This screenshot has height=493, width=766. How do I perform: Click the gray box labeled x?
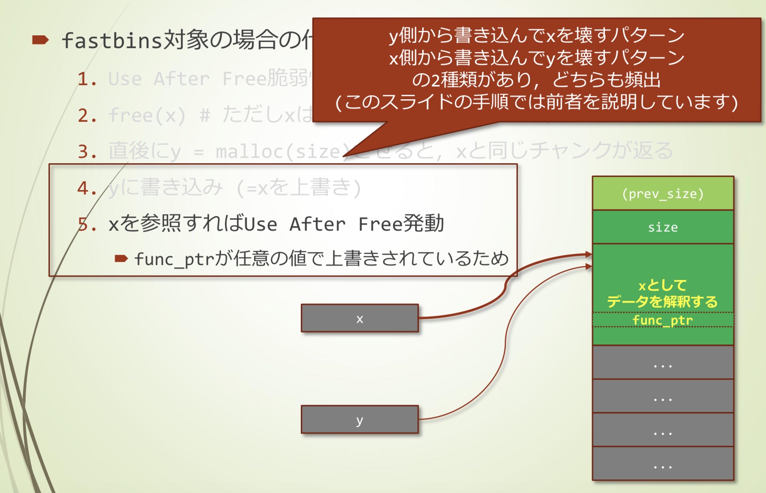tap(360, 318)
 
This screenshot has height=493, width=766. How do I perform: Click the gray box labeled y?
tap(360, 419)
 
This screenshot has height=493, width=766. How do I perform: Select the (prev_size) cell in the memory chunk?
tap(663, 194)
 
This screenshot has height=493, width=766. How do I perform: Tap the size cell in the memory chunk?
tap(663, 227)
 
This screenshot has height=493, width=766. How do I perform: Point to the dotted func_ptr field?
tap(663, 320)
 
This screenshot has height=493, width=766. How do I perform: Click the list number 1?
tap(87, 79)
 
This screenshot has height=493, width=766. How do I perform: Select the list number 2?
tap(87, 116)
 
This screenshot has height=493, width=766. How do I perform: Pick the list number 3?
tap(87, 152)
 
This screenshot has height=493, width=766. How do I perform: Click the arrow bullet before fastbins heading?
tap(40, 41)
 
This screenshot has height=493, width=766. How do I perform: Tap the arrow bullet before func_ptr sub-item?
tap(121, 258)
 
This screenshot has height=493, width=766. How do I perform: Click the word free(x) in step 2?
tap(147, 116)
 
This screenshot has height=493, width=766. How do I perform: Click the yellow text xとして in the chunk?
tap(663, 285)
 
